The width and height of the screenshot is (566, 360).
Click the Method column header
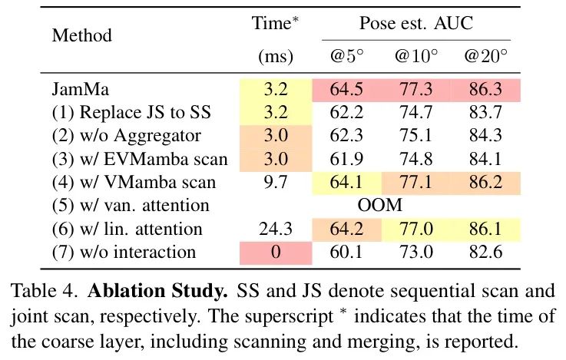tap(82, 36)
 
